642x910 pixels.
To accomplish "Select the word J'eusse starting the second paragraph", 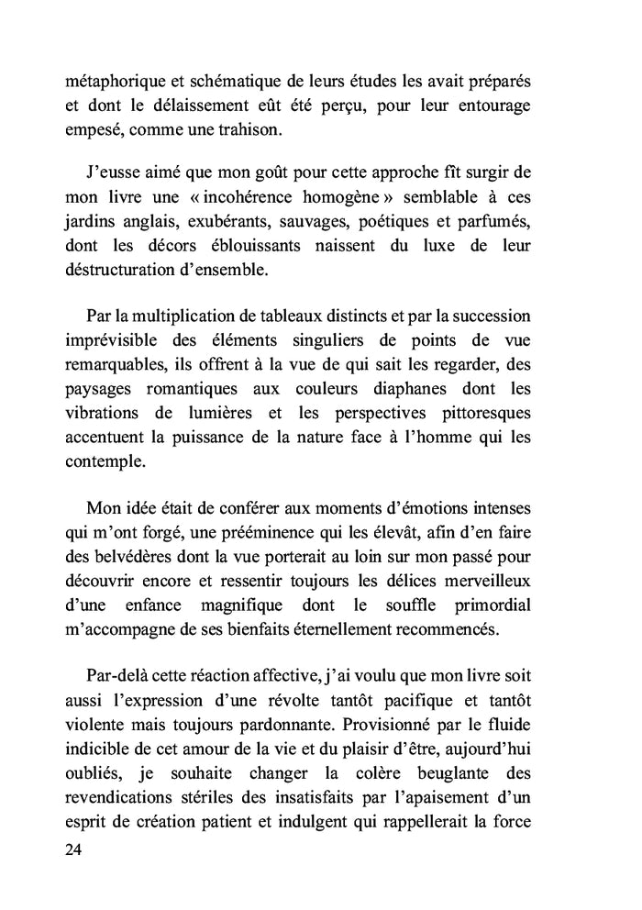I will pyautogui.click(x=115, y=171).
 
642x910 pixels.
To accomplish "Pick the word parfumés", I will pyautogui.click(x=494, y=221).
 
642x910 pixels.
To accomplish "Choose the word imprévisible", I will pyautogui.click(x=115, y=340).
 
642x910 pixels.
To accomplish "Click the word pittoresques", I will pyautogui.click(x=477, y=414).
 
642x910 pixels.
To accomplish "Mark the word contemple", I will pyautogui.click(x=105, y=462).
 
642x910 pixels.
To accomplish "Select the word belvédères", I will pyautogui.click(x=138, y=557).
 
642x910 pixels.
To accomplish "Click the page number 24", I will pyautogui.click(x=74, y=849).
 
